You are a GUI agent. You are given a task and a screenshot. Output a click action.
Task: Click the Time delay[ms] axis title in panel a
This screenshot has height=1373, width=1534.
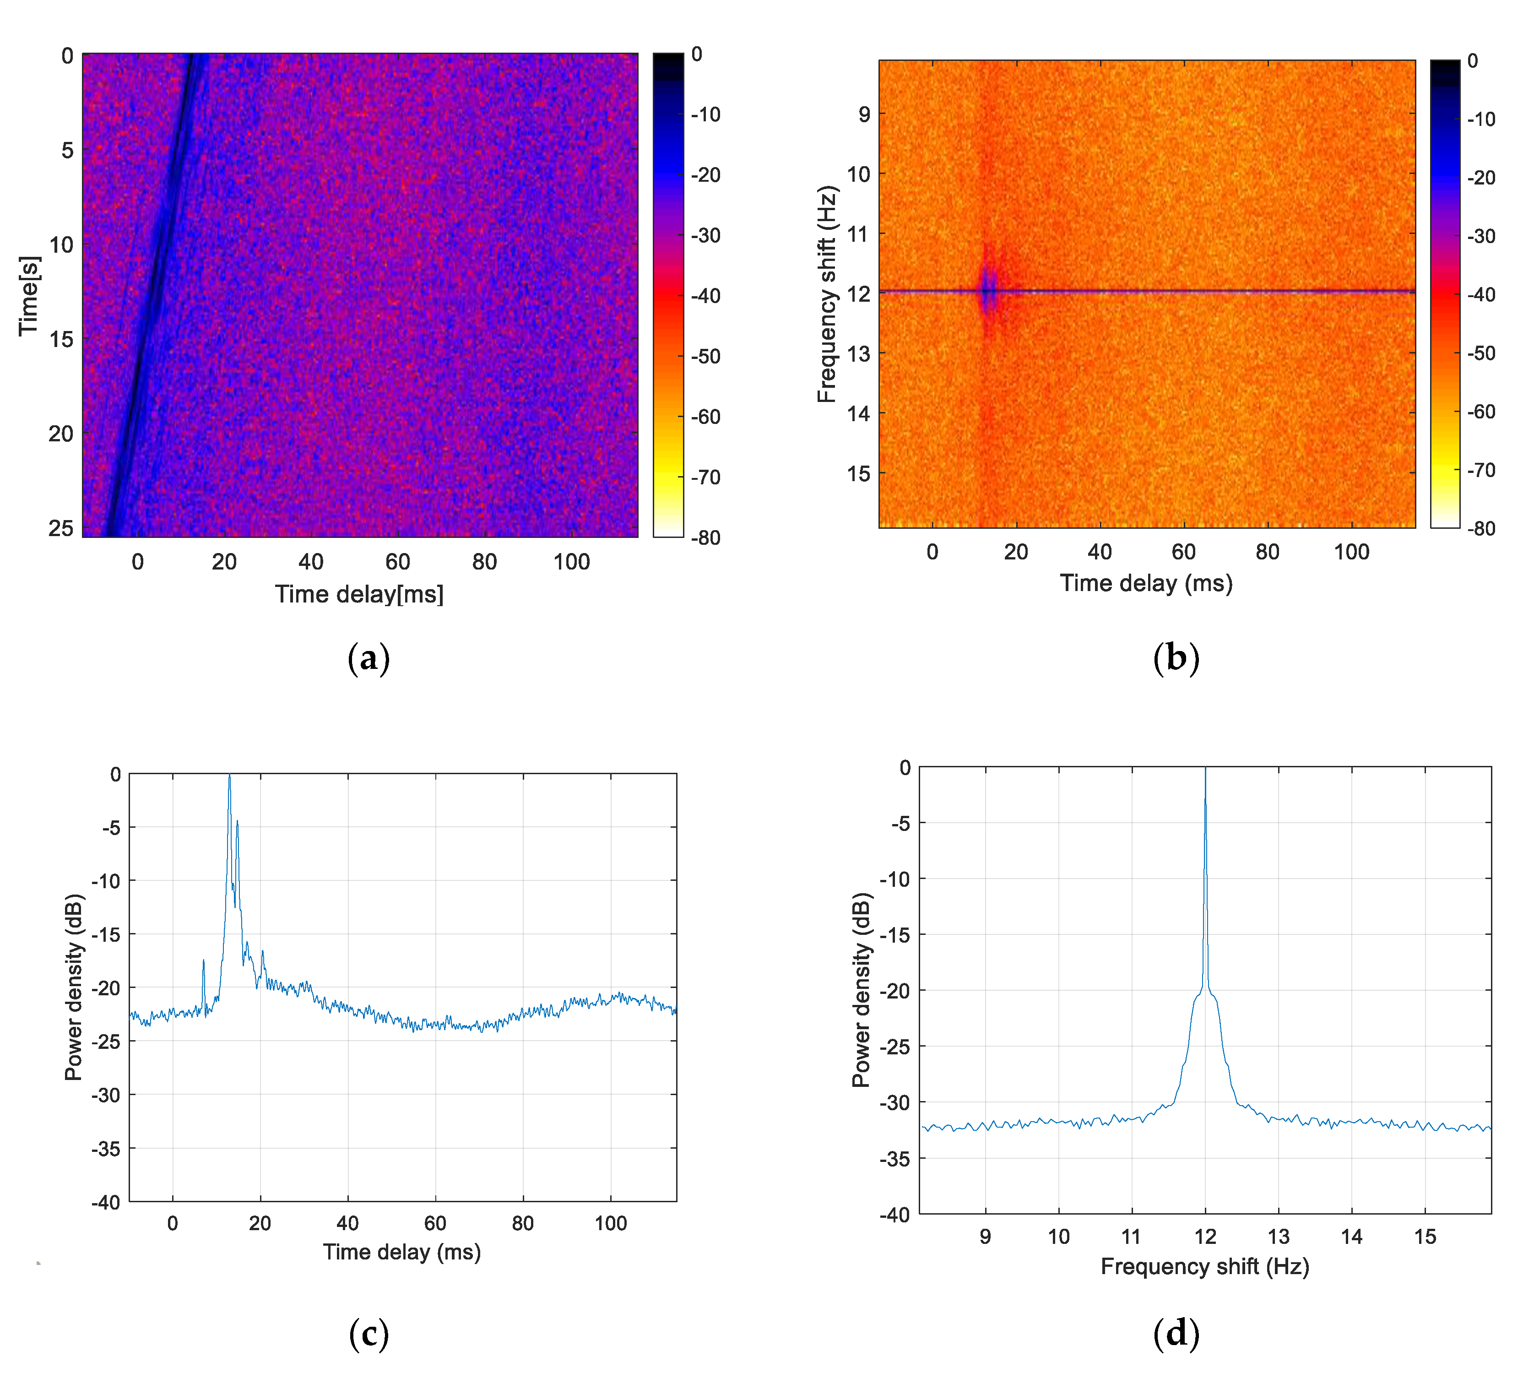tap(359, 594)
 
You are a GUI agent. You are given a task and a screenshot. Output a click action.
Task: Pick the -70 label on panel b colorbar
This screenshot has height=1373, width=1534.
tap(1481, 470)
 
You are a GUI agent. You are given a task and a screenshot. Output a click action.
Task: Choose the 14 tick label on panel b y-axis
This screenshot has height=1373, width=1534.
tap(859, 413)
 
